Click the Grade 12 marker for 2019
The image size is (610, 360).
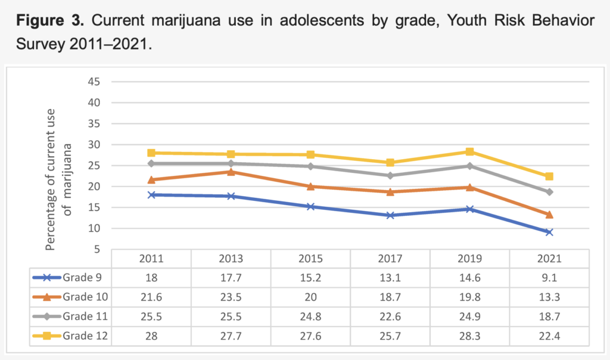(469, 152)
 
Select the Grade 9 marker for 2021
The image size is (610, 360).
(549, 232)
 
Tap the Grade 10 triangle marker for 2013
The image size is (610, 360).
(231, 172)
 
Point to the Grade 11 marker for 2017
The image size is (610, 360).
(390, 176)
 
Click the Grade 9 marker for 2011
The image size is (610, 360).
(151, 195)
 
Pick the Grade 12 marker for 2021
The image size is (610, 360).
(549, 176)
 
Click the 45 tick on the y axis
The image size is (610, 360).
(95, 82)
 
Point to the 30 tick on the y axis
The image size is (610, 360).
(95, 145)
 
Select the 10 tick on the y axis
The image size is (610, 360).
(95, 228)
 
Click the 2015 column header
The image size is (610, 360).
(310, 259)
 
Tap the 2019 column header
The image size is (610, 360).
(469, 259)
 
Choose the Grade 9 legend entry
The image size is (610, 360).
(69, 278)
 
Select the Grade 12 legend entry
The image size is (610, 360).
(69, 336)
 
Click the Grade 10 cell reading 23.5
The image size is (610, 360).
(231, 297)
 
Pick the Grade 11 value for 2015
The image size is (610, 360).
(310, 316)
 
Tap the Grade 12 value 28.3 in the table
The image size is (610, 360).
(469, 336)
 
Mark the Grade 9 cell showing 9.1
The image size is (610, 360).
(549, 278)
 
